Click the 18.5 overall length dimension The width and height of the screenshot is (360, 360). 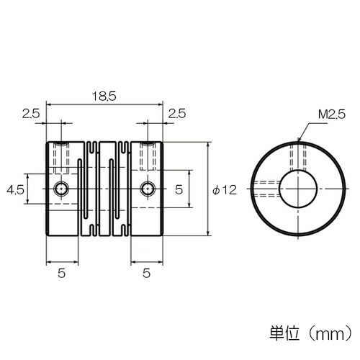[104, 96]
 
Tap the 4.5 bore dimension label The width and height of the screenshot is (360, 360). [16, 190]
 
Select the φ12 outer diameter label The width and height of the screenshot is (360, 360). [225, 190]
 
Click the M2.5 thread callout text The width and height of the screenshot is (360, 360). [332, 114]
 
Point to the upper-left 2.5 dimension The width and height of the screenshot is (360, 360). [31, 114]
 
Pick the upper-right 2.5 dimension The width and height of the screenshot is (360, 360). [177, 114]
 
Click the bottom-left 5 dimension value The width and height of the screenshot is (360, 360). [62, 273]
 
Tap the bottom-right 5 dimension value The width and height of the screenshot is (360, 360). [146, 273]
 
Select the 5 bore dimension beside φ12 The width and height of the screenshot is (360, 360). [179, 190]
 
